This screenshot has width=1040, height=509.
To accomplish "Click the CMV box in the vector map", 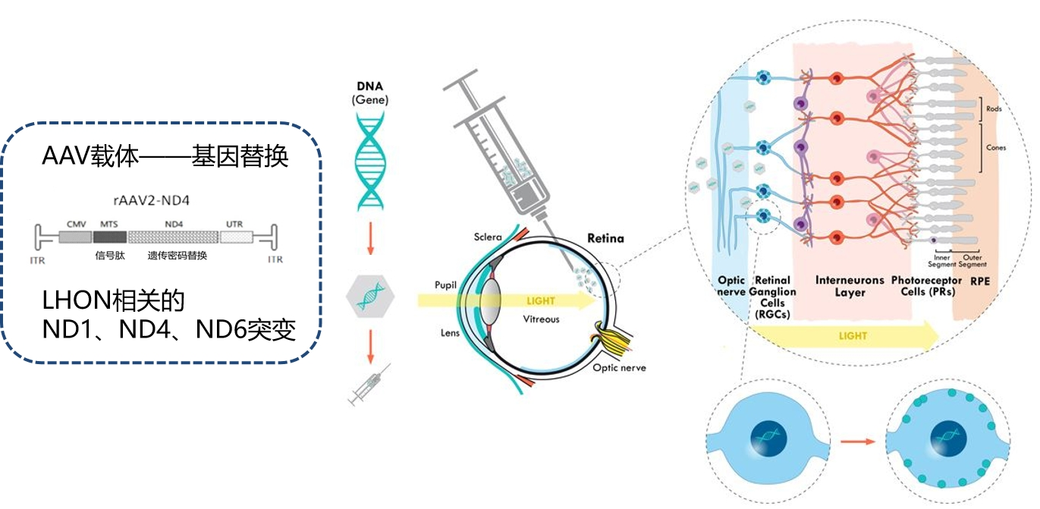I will pos(74,237).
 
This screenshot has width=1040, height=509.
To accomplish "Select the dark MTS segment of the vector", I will pos(109,237).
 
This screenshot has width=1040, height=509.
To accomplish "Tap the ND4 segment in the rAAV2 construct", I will pos(174,237).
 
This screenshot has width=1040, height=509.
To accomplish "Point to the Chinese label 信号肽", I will pos(109,256).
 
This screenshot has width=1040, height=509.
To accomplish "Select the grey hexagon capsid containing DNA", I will pos(370,294).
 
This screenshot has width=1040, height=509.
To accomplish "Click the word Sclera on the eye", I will pos(488,237).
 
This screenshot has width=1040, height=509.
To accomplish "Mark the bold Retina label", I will pos(605,238).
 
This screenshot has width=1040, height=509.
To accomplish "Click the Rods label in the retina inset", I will pos(994,109).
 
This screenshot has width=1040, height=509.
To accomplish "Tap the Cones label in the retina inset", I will pos(995,147).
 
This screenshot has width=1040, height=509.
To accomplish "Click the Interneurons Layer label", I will pos(850,286).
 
